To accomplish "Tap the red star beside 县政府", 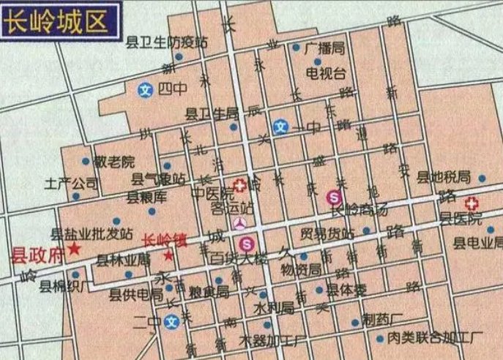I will [x=75, y=249].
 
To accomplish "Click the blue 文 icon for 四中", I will [x=146, y=90].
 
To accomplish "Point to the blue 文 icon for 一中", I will [x=280, y=127].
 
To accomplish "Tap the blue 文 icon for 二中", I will [x=172, y=320].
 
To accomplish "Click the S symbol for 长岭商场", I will [x=334, y=196].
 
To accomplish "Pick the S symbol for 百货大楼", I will [x=246, y=243].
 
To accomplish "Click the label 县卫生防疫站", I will [x=167, y=42].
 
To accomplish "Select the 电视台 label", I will [x=325, y=73].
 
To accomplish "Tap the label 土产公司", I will [x=71, y=182].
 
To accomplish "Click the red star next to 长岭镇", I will [x=169, y=256].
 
